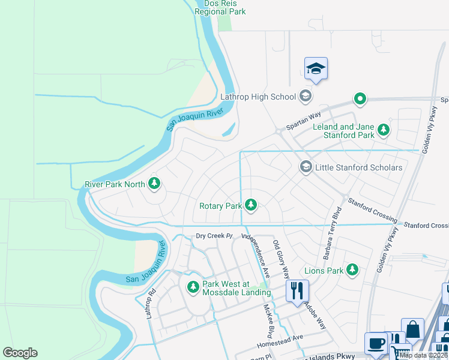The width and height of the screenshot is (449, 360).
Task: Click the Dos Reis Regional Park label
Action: pos(220,7)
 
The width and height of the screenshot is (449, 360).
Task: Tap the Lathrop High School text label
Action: pos(258,96)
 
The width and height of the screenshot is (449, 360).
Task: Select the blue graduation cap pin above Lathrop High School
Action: pos(315,69)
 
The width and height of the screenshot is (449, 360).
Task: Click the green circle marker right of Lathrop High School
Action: pos(360,98)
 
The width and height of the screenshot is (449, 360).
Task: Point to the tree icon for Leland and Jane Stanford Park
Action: pos(383,130)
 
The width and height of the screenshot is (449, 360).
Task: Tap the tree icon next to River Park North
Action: pos(154,184)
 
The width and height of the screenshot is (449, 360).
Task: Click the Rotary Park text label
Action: pos(220,206)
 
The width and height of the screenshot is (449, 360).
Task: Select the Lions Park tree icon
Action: pos(352,271)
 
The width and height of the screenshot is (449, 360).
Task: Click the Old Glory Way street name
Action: pos(281,256)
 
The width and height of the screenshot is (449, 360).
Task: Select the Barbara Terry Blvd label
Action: pos(332,234)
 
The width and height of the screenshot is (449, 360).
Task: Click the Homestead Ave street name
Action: pos(280,342)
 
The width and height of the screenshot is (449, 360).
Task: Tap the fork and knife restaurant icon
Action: pos(297,291)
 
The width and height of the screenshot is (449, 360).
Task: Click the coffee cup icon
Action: pos(376,343)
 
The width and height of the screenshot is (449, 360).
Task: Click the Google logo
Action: pos(20,353)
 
